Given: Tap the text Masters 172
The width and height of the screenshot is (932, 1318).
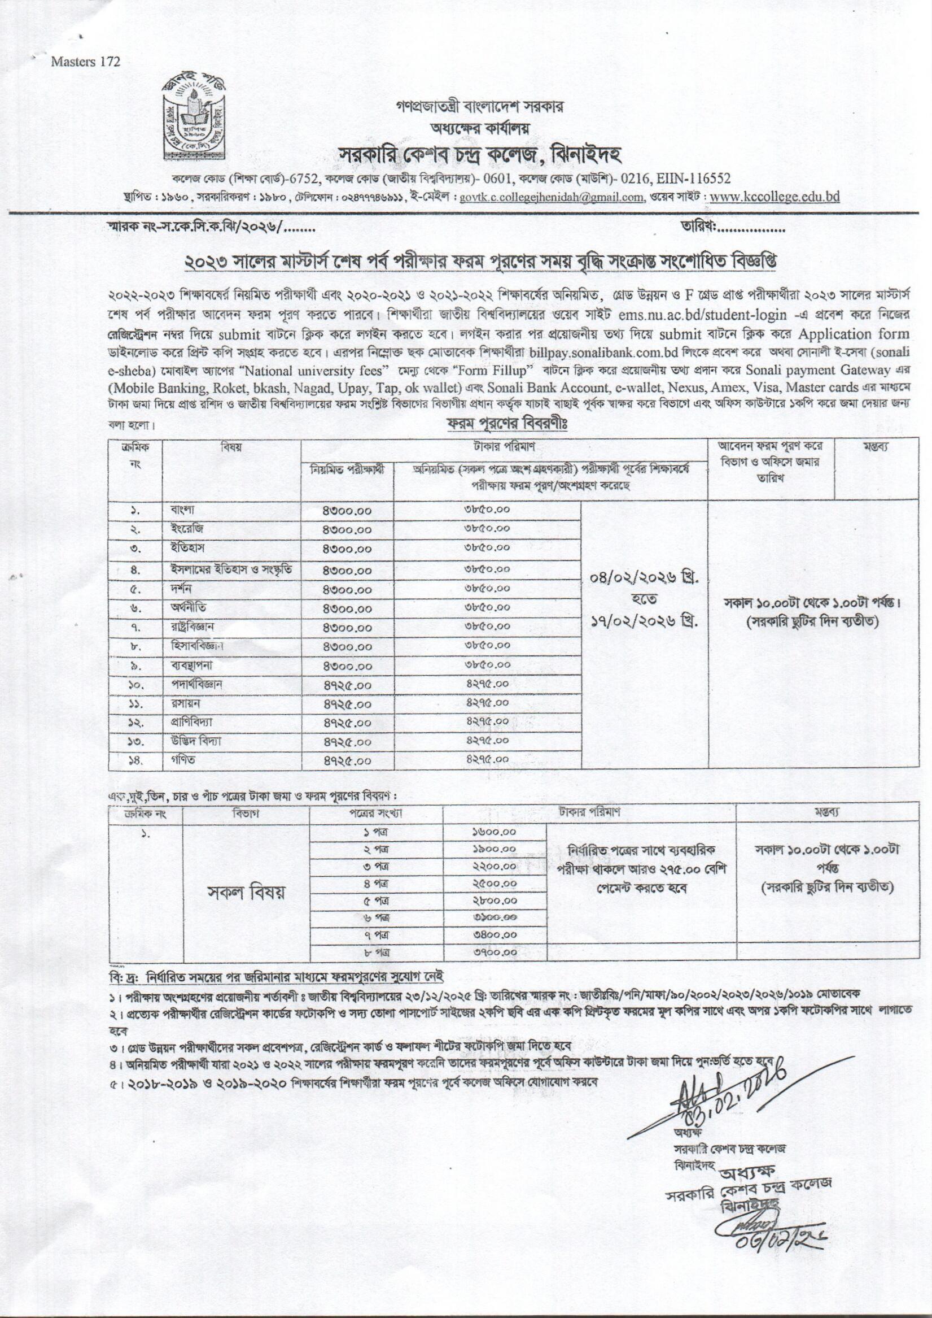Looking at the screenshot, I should coord(86,63).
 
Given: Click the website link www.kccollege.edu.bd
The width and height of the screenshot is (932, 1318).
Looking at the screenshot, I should coord(775,197).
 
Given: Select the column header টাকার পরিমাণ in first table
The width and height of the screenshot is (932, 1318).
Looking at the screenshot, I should coord(505,446).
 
